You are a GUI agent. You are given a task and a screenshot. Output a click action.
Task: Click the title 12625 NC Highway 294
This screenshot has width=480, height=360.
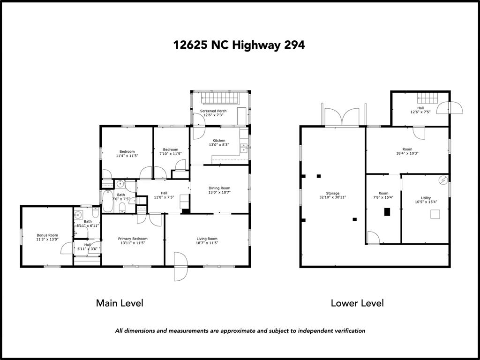240,45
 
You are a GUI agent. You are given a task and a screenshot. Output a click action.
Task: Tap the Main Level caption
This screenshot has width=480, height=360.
120,303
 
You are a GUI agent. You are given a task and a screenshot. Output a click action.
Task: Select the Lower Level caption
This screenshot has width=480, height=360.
357,303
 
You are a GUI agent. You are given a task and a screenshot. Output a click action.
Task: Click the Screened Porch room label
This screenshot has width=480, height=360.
213,111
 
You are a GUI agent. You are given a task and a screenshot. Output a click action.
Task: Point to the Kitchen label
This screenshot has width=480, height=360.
219,141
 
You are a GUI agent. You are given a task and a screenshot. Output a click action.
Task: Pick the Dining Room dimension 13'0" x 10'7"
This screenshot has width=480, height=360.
219,193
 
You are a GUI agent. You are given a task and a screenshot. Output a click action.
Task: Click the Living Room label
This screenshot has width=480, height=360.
207,239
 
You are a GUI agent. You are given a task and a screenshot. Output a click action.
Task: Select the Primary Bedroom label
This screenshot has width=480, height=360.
133,239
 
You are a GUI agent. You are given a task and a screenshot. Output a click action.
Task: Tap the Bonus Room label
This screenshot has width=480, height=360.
47,235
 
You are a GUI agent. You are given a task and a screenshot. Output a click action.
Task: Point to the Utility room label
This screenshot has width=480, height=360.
426,198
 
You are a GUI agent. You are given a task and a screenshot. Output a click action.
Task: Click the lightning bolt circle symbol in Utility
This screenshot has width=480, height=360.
443,180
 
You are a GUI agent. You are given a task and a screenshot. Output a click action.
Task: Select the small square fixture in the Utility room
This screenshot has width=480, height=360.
435,214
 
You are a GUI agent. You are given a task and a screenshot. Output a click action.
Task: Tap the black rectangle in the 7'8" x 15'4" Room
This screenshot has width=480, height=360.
387,212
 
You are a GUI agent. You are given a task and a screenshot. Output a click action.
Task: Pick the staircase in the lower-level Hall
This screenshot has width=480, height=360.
427,98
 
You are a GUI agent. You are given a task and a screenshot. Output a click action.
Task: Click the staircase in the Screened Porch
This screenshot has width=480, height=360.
220,98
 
